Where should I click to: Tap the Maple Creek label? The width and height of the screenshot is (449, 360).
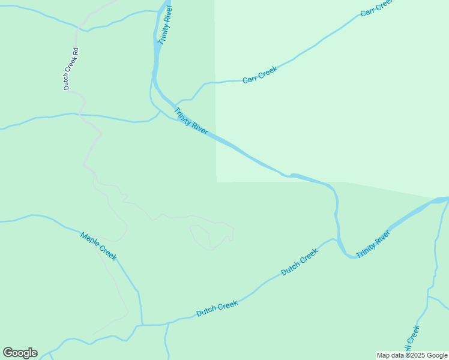(x=98, y=246)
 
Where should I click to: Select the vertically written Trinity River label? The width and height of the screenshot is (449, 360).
(x=165, y=25)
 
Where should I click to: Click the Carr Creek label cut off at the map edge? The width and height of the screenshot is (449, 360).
(x=376, y=8)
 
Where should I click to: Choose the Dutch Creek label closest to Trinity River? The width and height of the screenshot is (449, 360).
(x=299, y=262)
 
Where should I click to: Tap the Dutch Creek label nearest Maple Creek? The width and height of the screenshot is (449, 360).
(x=217, y=308)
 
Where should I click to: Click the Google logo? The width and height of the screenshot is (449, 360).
(x=20, y=353)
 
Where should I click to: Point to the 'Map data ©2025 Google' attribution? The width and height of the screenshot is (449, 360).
(x=412, y=355)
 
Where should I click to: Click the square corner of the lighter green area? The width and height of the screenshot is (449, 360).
(x=216, y=181)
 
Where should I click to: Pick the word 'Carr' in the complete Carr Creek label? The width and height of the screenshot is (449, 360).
(x=250, y=79)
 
